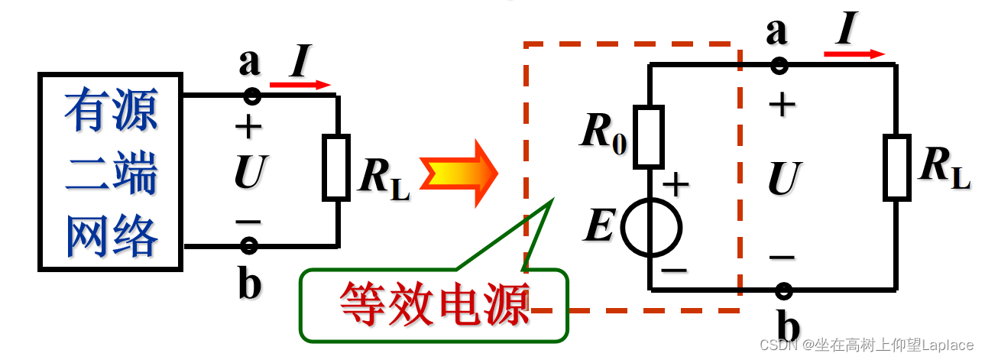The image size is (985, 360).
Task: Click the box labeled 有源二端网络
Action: pyautogui.click(x=111, y=172)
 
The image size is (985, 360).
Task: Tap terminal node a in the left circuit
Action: pyautogui.click(x=251, y=96)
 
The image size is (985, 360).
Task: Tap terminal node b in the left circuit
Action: pyautogui.click(x=249, y=245)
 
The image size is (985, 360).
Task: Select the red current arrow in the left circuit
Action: pyautogui.click(x=300, y=85)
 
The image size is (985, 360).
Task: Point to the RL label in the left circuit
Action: pyautogui.click(x=384, y=178)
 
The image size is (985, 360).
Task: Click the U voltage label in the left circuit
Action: pyautogui.click(x=249, y=173)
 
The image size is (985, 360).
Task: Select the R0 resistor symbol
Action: pyautogui.click(x=648, y=137)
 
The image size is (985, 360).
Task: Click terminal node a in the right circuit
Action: pyautogui.click(x=779, y=65)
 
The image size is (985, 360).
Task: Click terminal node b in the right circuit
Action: pyautogui.click(x=783, y=290)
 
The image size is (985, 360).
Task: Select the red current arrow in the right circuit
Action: pyautogui.click(x=854, y=54)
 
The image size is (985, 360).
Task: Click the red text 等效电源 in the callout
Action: pyautogui.click(x=434, y=305)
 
